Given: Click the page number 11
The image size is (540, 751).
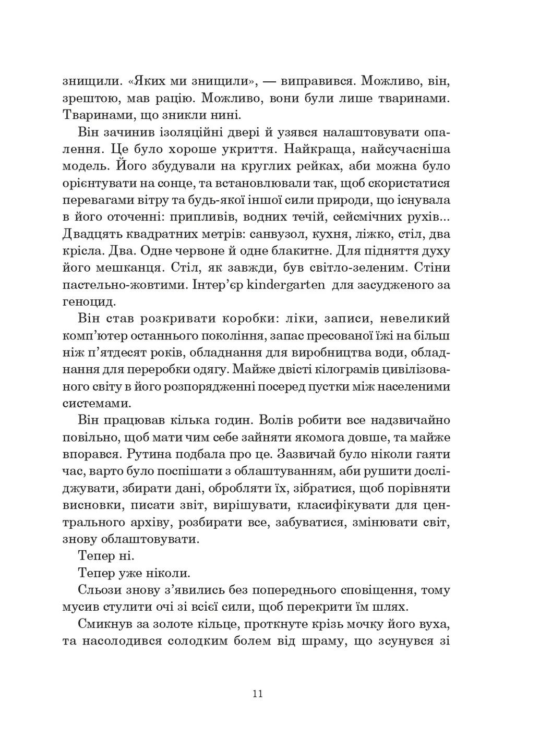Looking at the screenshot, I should pyautogui.click(x=257, y=694).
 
